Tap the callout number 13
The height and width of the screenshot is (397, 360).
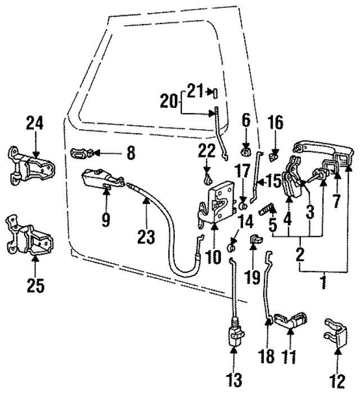click(235, 380)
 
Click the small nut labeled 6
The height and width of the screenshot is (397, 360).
click(245, 151)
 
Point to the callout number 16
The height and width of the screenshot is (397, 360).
click(275, 123)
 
